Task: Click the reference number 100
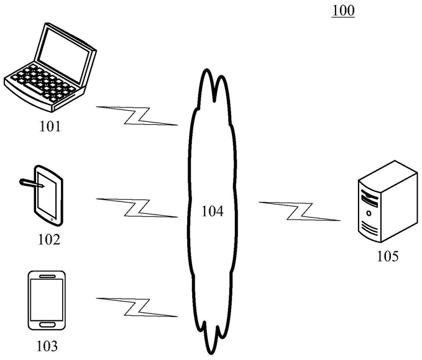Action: (x=343, y=11)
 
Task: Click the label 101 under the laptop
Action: (x=50, y=127)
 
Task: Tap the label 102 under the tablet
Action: (x=48, y=239)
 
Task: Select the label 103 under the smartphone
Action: (x=47, y=345)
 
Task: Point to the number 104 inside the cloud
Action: (x=212, y=211)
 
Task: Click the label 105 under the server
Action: (x=387, y=256)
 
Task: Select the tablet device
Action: (x=48, y=195)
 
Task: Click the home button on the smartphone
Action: (x=47, y=324)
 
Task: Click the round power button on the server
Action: (x=369, y=213)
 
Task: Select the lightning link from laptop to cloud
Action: (x=137, y=116)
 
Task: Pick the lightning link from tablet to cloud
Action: (x=137, y=207)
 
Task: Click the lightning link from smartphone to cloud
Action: (x=137, y=306)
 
